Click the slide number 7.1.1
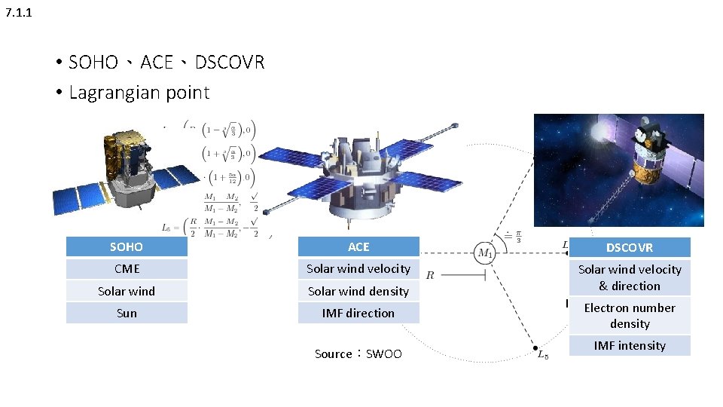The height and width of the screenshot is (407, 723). click(18, 13)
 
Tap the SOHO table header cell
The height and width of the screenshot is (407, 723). click(127, 246)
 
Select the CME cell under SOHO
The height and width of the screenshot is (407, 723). click(127, 269)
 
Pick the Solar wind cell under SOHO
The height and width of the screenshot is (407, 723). click(127, 291)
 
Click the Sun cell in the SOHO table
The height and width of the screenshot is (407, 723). click(127, 313)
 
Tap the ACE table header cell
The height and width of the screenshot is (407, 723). click(358, 246)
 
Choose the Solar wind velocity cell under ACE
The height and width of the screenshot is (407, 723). click(358, 269)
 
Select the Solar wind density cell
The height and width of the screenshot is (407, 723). click(358, 291)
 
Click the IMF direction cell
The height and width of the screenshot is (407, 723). click(358, 313)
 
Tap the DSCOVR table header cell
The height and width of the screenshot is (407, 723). click(630, 247)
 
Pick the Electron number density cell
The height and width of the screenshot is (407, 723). click(630, 315)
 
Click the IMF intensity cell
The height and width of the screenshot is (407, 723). click(630, 345)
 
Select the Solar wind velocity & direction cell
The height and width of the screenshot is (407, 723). click(630, 277)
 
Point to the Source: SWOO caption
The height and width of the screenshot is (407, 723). click(358, 353)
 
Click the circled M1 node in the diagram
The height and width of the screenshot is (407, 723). click(485, 253)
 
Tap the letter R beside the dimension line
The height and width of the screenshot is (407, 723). click(430, 276)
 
